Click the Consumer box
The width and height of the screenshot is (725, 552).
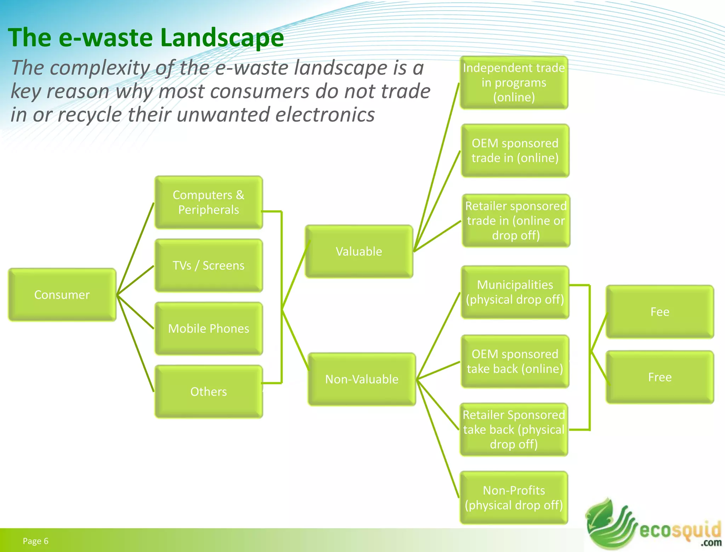62,295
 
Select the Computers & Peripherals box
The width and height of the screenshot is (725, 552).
209,202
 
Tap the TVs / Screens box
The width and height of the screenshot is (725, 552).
209,265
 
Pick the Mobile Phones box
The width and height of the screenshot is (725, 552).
209,328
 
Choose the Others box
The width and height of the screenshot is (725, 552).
209,391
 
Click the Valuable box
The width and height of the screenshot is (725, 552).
359,251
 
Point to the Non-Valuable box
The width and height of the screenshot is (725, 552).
362,379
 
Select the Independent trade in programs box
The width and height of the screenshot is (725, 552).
514,82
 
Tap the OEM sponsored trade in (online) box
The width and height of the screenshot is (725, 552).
515,150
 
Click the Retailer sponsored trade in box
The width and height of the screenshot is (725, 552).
516,220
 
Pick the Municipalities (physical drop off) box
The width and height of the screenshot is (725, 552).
515,292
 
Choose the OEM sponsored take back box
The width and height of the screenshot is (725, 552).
515,361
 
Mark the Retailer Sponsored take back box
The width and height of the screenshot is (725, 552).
514,429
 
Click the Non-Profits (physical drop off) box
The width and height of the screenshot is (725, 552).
514,498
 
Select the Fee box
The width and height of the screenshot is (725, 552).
660,312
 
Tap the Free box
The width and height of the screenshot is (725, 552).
660,377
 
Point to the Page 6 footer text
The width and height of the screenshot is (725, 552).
35,541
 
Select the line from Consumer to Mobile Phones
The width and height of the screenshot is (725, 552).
136,312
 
